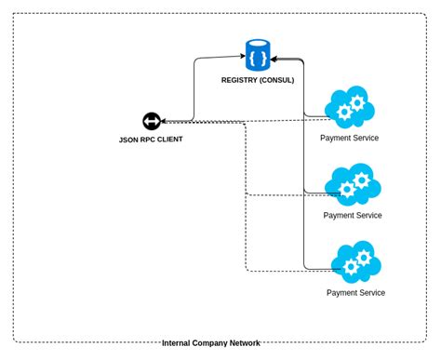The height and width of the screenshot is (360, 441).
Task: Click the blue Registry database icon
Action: click(258, 56)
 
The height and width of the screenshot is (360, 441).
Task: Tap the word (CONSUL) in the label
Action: click(278, 80)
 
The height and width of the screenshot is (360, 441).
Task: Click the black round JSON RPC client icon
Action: click(152, 121)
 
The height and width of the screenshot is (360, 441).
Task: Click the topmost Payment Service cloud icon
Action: click(350, 108)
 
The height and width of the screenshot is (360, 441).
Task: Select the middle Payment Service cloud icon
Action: click(353, 184)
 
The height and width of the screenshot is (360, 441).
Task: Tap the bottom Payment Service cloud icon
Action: click(355, 262)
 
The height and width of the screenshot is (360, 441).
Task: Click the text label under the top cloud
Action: click(349, 138)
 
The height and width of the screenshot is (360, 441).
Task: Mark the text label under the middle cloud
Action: click(352, 215)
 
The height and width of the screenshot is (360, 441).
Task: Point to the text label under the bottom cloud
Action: click(355, 292)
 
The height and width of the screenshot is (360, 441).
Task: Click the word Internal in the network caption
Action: click(178, 343)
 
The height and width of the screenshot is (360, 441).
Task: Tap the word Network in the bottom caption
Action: click(246, 343)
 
